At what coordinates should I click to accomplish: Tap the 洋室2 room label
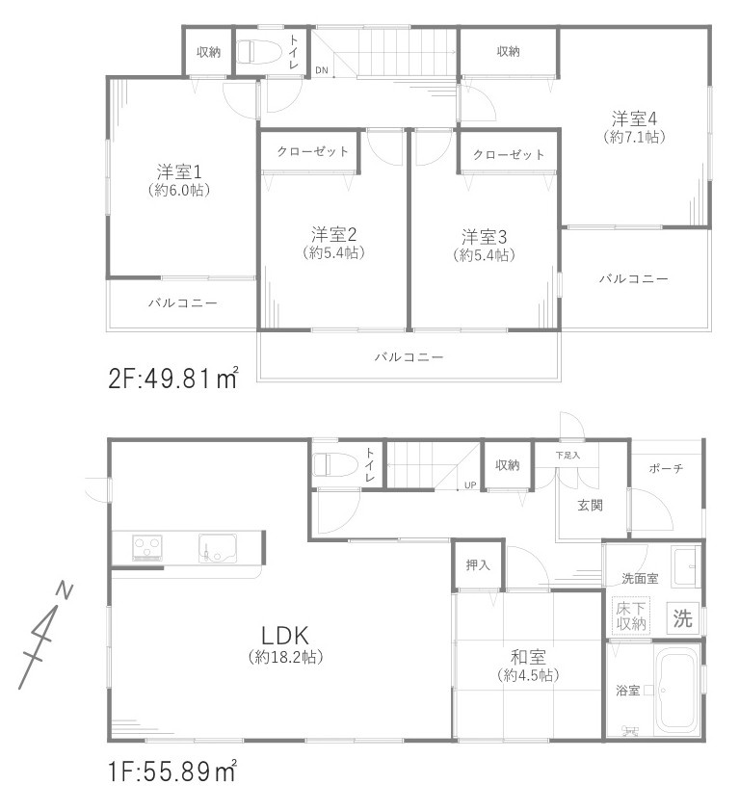[x=334, y=234]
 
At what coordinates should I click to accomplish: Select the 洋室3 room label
[x=484, y=236]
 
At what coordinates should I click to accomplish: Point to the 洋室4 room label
[x=634, y=118]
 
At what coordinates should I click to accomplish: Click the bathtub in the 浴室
[x=675, y=690]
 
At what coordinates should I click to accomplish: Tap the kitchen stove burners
[x=147, y=547]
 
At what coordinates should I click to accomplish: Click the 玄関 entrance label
[x=591, y=505]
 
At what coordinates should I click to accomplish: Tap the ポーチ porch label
[x=666, y=469]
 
